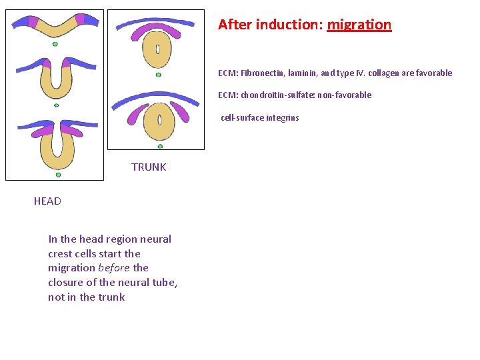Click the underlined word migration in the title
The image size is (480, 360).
359,25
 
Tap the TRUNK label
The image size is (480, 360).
149,167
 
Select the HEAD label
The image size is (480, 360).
47,201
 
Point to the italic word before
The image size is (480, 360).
113,268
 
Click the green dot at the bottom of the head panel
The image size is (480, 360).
58,175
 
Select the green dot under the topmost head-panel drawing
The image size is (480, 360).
55,44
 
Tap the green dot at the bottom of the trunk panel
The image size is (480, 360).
160,146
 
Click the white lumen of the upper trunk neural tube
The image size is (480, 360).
158,49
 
